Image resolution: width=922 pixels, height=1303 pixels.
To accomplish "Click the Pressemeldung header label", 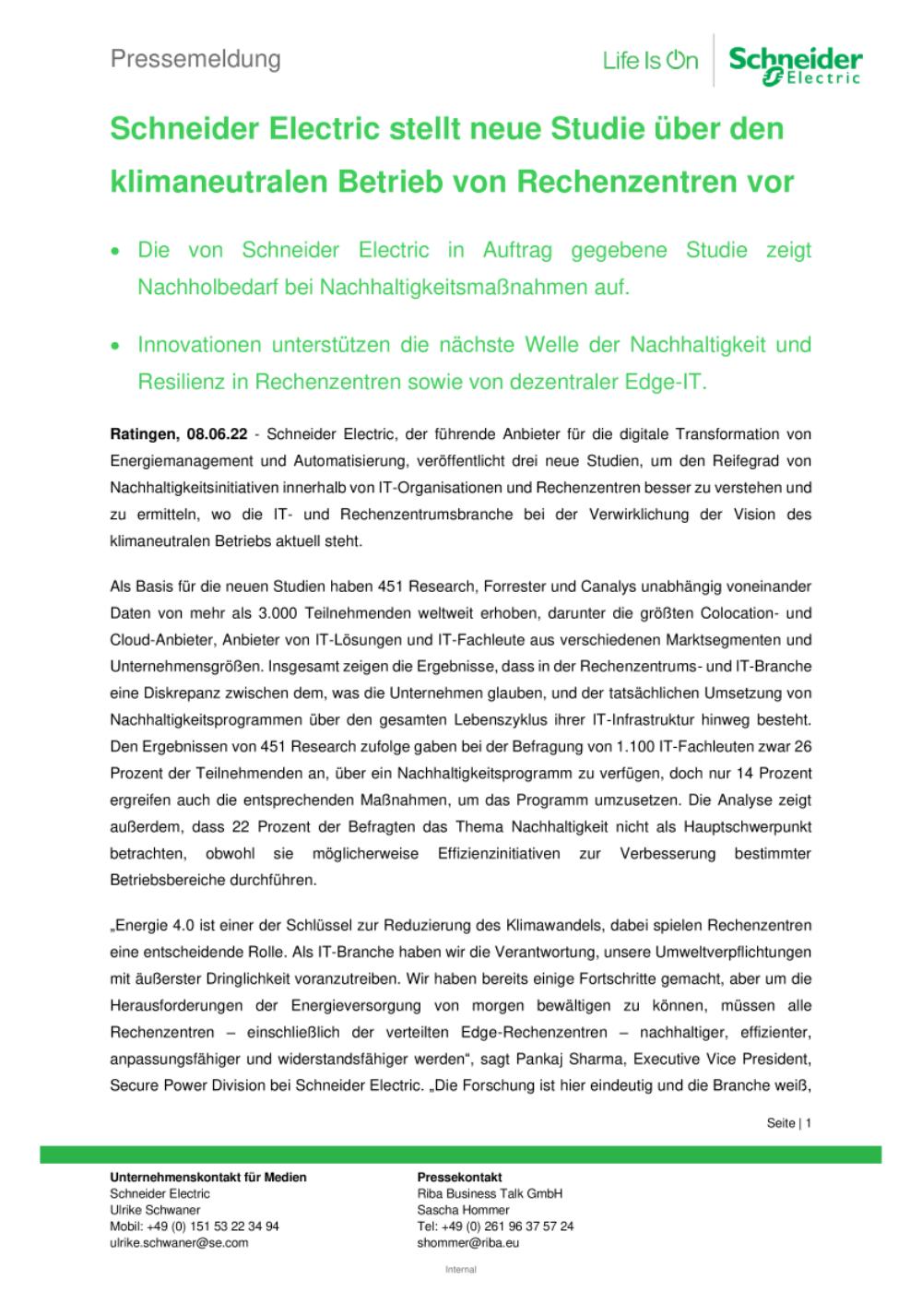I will coord(195,60).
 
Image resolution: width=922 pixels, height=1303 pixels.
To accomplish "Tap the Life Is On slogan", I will coord(650,62).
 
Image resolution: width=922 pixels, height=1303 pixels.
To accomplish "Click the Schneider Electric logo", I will coord(795,66).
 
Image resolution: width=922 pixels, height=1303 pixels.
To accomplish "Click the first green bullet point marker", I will coord(115,251).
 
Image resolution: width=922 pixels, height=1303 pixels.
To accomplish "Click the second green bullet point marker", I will coord(115,346).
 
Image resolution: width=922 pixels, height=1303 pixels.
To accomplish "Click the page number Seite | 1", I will coord(788,1123).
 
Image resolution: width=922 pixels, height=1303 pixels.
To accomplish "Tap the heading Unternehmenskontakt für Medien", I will coord(208,1177).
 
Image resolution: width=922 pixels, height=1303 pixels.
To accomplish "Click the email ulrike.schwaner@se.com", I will coord(179,1242).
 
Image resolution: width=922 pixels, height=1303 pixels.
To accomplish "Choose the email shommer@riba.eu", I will coord(468,1242).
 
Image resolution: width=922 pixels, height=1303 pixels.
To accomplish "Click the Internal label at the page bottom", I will coord(460,1270).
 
